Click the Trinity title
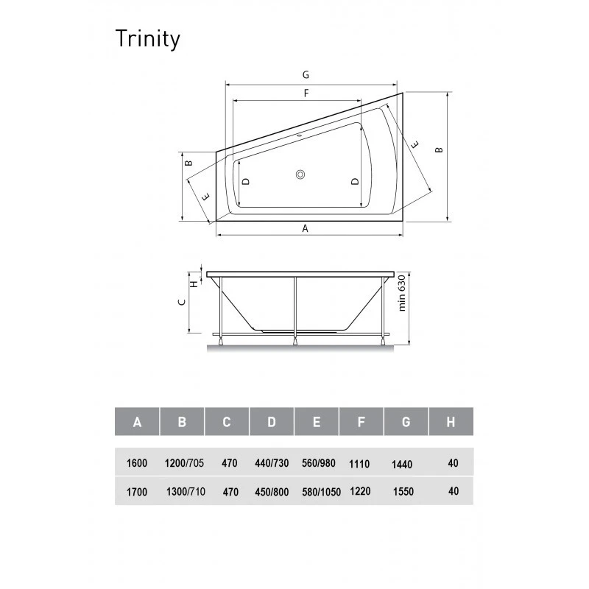point(148,39)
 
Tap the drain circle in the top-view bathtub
point(300,174)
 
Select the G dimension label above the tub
point(306,75)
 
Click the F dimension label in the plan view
point(306,94)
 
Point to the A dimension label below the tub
point(305,228)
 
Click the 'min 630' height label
point(402,293)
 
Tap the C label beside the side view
point(182,302)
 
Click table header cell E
point(317,421)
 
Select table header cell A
point(137,421)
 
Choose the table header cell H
point(451,421)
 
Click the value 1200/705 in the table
point(184,463)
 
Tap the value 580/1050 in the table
point(321,492)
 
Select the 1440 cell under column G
point(402,465)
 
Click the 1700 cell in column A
point(137,492)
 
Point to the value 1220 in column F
point(360,491)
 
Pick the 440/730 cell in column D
point(272,463)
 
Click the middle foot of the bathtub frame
point(295,341)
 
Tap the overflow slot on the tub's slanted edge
point(300,135)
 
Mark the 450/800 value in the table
point(272,492)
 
